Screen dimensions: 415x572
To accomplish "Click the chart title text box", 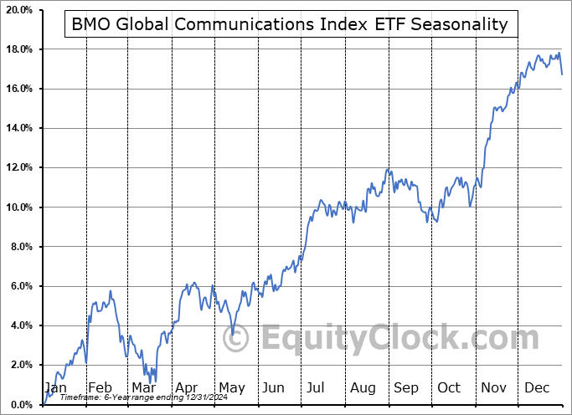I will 291,24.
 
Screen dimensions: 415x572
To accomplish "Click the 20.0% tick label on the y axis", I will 18,10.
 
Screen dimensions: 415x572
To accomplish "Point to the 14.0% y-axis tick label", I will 18,128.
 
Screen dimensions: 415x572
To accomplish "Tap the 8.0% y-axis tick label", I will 19,247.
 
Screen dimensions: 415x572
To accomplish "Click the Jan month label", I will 55,387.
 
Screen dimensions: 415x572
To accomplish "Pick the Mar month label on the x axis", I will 143,387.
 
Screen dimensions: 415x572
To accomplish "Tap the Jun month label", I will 274,387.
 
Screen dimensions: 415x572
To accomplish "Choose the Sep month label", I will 405,387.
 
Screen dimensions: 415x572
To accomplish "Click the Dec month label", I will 538,387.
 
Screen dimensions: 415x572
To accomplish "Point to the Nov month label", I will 493,387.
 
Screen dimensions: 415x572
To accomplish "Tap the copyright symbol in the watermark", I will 238,339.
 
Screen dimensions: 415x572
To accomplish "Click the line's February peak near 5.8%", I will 110,290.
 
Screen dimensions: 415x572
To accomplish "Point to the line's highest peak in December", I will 559,53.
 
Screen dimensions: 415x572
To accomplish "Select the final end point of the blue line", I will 562,74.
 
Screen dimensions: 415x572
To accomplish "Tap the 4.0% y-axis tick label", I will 19,325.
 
